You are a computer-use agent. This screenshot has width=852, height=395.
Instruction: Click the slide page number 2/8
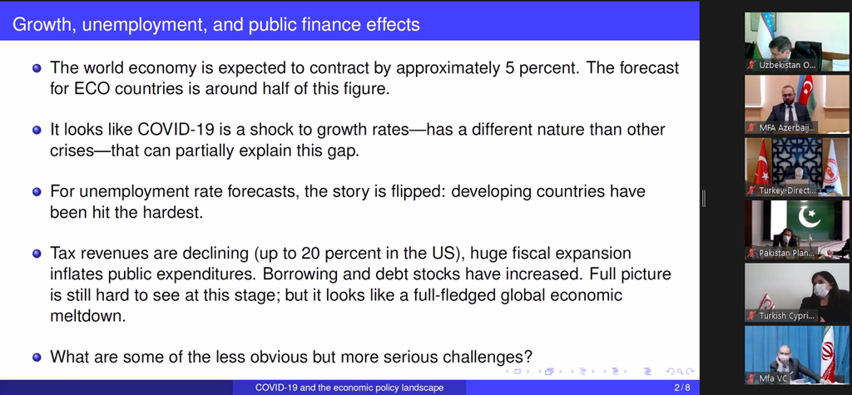click(682, 388)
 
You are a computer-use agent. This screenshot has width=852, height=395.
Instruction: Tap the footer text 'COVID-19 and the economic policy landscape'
click(349, 388)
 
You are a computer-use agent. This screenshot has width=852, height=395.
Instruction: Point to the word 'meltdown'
click(88, 316)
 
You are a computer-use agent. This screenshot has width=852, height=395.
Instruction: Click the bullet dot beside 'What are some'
click(37, 358)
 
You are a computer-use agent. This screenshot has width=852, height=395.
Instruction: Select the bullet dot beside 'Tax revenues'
click(37, 254)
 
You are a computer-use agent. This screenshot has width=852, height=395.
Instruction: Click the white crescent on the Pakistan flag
click(809, 216)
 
